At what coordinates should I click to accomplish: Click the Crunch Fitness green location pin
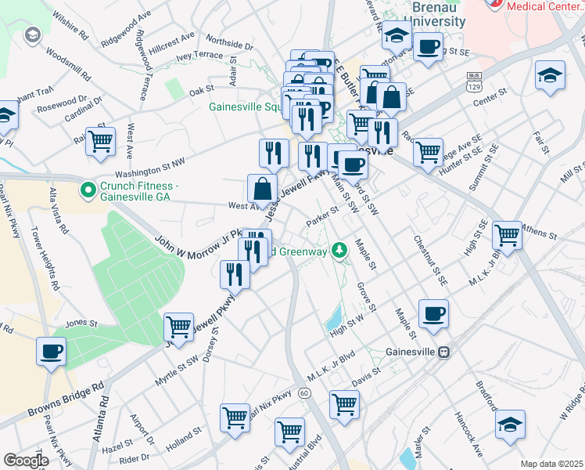tap(88, 189)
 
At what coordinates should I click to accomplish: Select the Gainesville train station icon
tap(443, 352)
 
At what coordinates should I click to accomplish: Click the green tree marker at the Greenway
tap(339, 251)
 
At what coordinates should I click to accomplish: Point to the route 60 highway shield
tap(304, 392)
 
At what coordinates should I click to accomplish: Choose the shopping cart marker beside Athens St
tap(508, 233)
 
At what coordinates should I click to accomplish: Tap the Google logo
tap(26, 461)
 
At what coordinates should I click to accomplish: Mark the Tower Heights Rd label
tap(45, 259)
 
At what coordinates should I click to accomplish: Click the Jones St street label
tap(81, 323)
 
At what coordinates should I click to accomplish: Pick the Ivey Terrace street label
tap(199, 56)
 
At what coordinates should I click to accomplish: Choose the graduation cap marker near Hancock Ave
tap(510, 423)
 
